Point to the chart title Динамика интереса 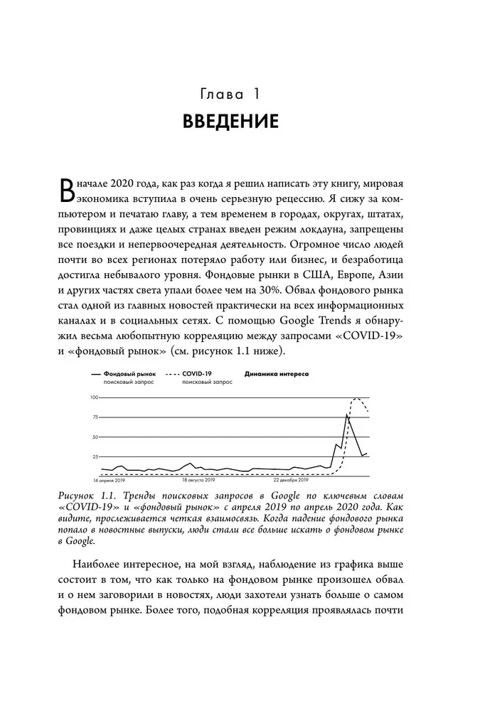(x=276, y=373)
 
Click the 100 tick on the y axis (x=93, y=397)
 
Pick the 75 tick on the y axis (x=95, y=417)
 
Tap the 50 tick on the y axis (x=95, y=437)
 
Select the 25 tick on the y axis (x=95, y=456)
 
